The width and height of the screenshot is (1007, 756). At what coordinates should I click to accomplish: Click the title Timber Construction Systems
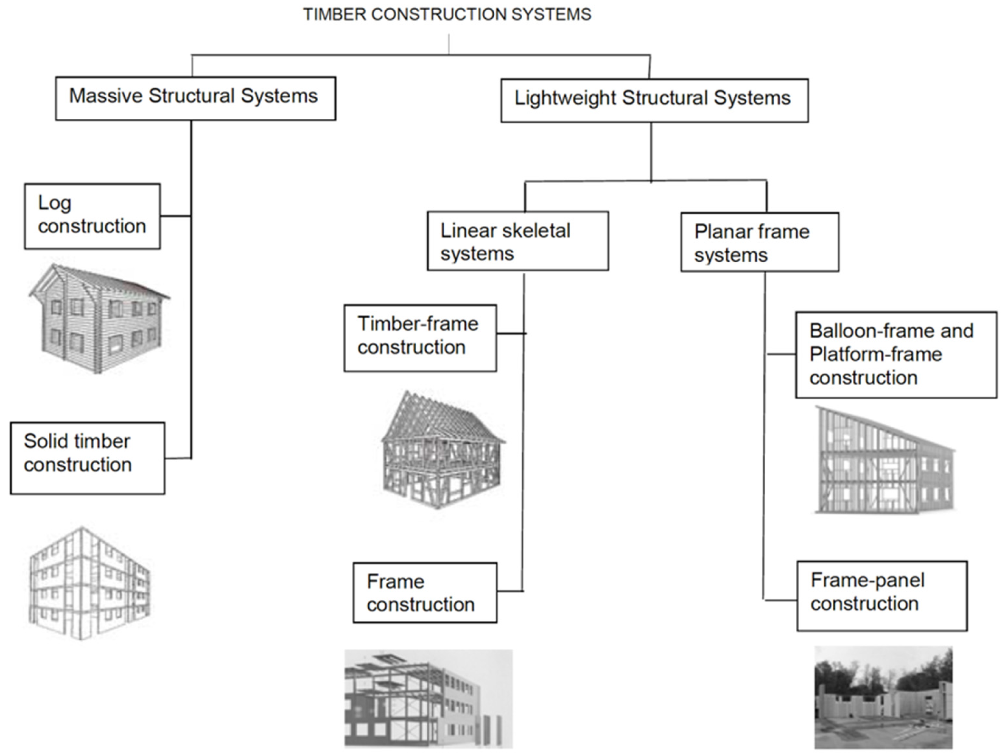(x=447, y=14)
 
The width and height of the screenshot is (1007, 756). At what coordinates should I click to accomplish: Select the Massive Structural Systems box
(x=195, y=98)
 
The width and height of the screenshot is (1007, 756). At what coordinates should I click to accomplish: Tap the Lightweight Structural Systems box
(x=654, y=100)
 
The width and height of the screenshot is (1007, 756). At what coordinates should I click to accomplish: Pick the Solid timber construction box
(x=87, y=458)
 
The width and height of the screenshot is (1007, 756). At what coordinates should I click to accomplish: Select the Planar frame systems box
(x=759, y=242)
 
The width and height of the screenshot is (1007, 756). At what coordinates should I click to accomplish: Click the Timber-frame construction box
(x=420, y=338)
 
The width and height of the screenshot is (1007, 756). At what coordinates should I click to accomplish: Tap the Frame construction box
(x=425, y=593)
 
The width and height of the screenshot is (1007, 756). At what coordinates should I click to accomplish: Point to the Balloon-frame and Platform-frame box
(x=895, y=355)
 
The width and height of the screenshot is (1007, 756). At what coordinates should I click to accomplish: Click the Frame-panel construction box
(x=881, y=596)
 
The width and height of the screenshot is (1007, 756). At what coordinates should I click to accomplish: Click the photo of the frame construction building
(x=428, y=698)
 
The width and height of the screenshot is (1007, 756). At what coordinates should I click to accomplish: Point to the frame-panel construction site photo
(x=883, y=697)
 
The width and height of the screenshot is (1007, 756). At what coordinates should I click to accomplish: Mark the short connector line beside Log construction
(x=175, y=216)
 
